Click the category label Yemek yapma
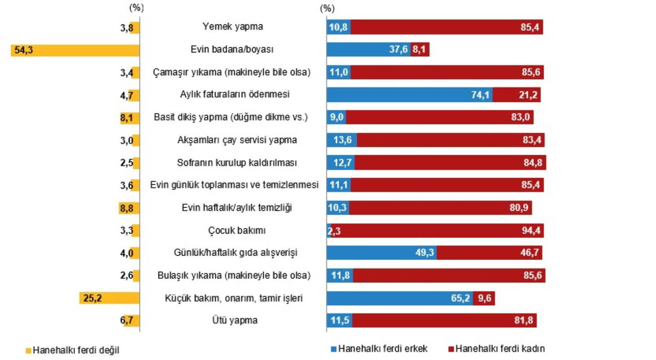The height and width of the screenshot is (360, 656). coord(233,27)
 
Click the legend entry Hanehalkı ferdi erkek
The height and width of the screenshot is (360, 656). coord(382,349)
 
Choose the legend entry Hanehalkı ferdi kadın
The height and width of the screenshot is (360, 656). coord(500,349)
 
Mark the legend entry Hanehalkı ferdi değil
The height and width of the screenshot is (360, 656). coord(76,350)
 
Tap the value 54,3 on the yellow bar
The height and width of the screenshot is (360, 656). coord(24,50)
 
